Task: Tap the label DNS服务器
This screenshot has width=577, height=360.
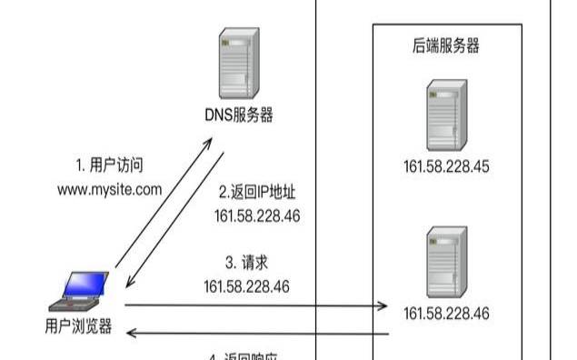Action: pyautogui.click(x=239, y=115)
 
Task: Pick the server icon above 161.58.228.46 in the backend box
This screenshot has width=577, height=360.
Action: pyautogui.click(x=446, y=264)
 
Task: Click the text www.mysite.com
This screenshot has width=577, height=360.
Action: pyautogui.click(x=110, y=189)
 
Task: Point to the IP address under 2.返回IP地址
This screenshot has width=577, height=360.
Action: pyautogui.click(x=257, y=215)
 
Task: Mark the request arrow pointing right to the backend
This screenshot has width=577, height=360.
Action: pyautogui.click(x=254, y=306)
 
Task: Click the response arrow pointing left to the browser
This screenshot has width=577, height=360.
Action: pyautogui.click(x=254, y=334)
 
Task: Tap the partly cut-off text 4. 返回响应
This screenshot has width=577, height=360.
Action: pyautogui.click(x=244, y=355)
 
